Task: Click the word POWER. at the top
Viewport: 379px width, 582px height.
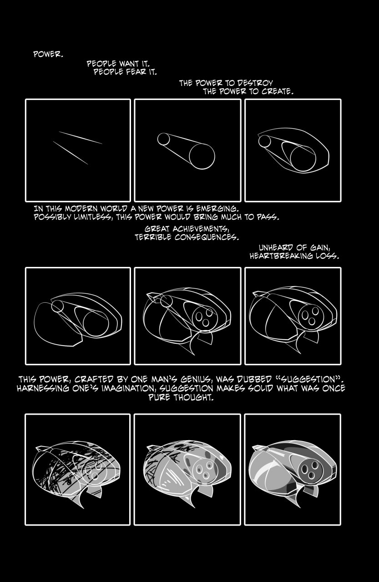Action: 48,54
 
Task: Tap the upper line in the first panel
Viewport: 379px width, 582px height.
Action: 81,137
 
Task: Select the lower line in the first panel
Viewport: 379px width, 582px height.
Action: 71,153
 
